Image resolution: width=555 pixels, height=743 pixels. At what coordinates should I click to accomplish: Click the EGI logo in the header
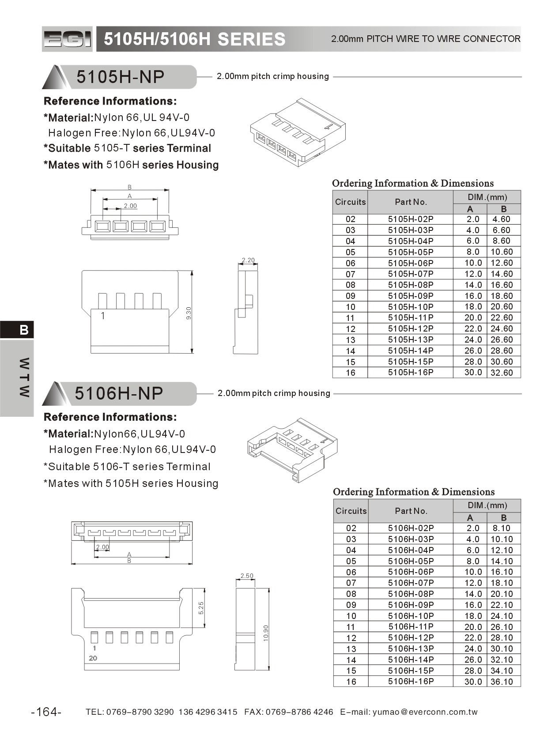[x=68, y=39]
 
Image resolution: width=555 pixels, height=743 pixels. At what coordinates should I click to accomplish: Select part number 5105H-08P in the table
[x=410, y=285]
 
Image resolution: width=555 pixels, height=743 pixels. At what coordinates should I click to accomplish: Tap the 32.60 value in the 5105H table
[x=502, y=373]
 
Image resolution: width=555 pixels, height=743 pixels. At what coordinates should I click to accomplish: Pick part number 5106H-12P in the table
[x=411, y=637]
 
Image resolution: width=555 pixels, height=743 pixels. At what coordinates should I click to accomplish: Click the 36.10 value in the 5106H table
[x=502, y=682]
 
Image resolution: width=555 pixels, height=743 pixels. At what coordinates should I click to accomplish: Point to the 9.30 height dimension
[x=189, y=313]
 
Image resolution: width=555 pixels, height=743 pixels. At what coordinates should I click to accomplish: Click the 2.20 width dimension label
[x=248, y=260]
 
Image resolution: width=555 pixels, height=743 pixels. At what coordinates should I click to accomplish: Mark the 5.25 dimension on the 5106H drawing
[x=201, y=608]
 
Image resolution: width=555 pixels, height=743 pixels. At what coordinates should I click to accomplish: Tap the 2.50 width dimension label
[x=247, y=576]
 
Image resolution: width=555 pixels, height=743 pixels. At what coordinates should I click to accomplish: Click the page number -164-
[x=46, y=712]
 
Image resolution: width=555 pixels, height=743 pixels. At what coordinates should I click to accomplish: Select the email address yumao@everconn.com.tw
[x=425, y=712]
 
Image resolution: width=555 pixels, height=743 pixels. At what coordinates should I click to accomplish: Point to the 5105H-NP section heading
[x=120, y=77]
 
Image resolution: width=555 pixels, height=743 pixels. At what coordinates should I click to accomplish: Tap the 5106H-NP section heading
[x=119, y=393]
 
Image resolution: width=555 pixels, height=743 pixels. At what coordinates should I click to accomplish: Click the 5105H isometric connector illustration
[x=298, y=132]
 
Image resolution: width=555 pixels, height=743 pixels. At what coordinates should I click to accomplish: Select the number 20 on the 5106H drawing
[x=93, y=658]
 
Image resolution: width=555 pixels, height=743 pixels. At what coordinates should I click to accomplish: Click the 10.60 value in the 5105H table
[x=502, y=252]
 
